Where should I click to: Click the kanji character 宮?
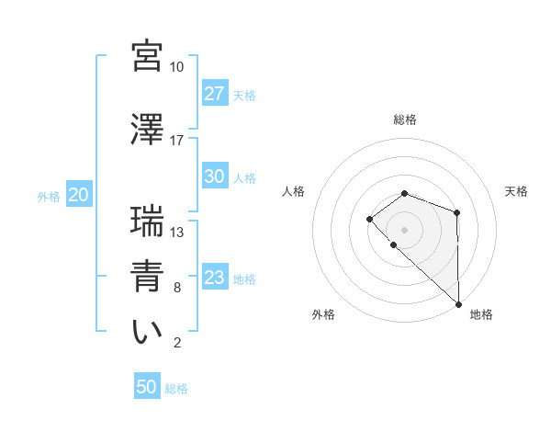(x=147, y=54)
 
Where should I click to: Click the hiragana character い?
(x=147, y=332)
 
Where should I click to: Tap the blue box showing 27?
(x=214, y=95)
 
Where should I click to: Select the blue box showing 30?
(x=214, y=177)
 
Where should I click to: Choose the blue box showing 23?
(x=214, y=279)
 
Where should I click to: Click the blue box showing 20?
(x=78, y=195)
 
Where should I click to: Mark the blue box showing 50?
(x=147, y=387)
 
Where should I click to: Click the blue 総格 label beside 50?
(x=176, y=389)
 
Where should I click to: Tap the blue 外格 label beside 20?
(x=49, y=196)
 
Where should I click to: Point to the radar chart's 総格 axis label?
(x=405, y=119)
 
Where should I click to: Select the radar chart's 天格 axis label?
(x=517, y=191)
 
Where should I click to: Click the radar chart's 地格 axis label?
(x=481, y=314)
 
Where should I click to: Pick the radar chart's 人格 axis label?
(x=293, y=191)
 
